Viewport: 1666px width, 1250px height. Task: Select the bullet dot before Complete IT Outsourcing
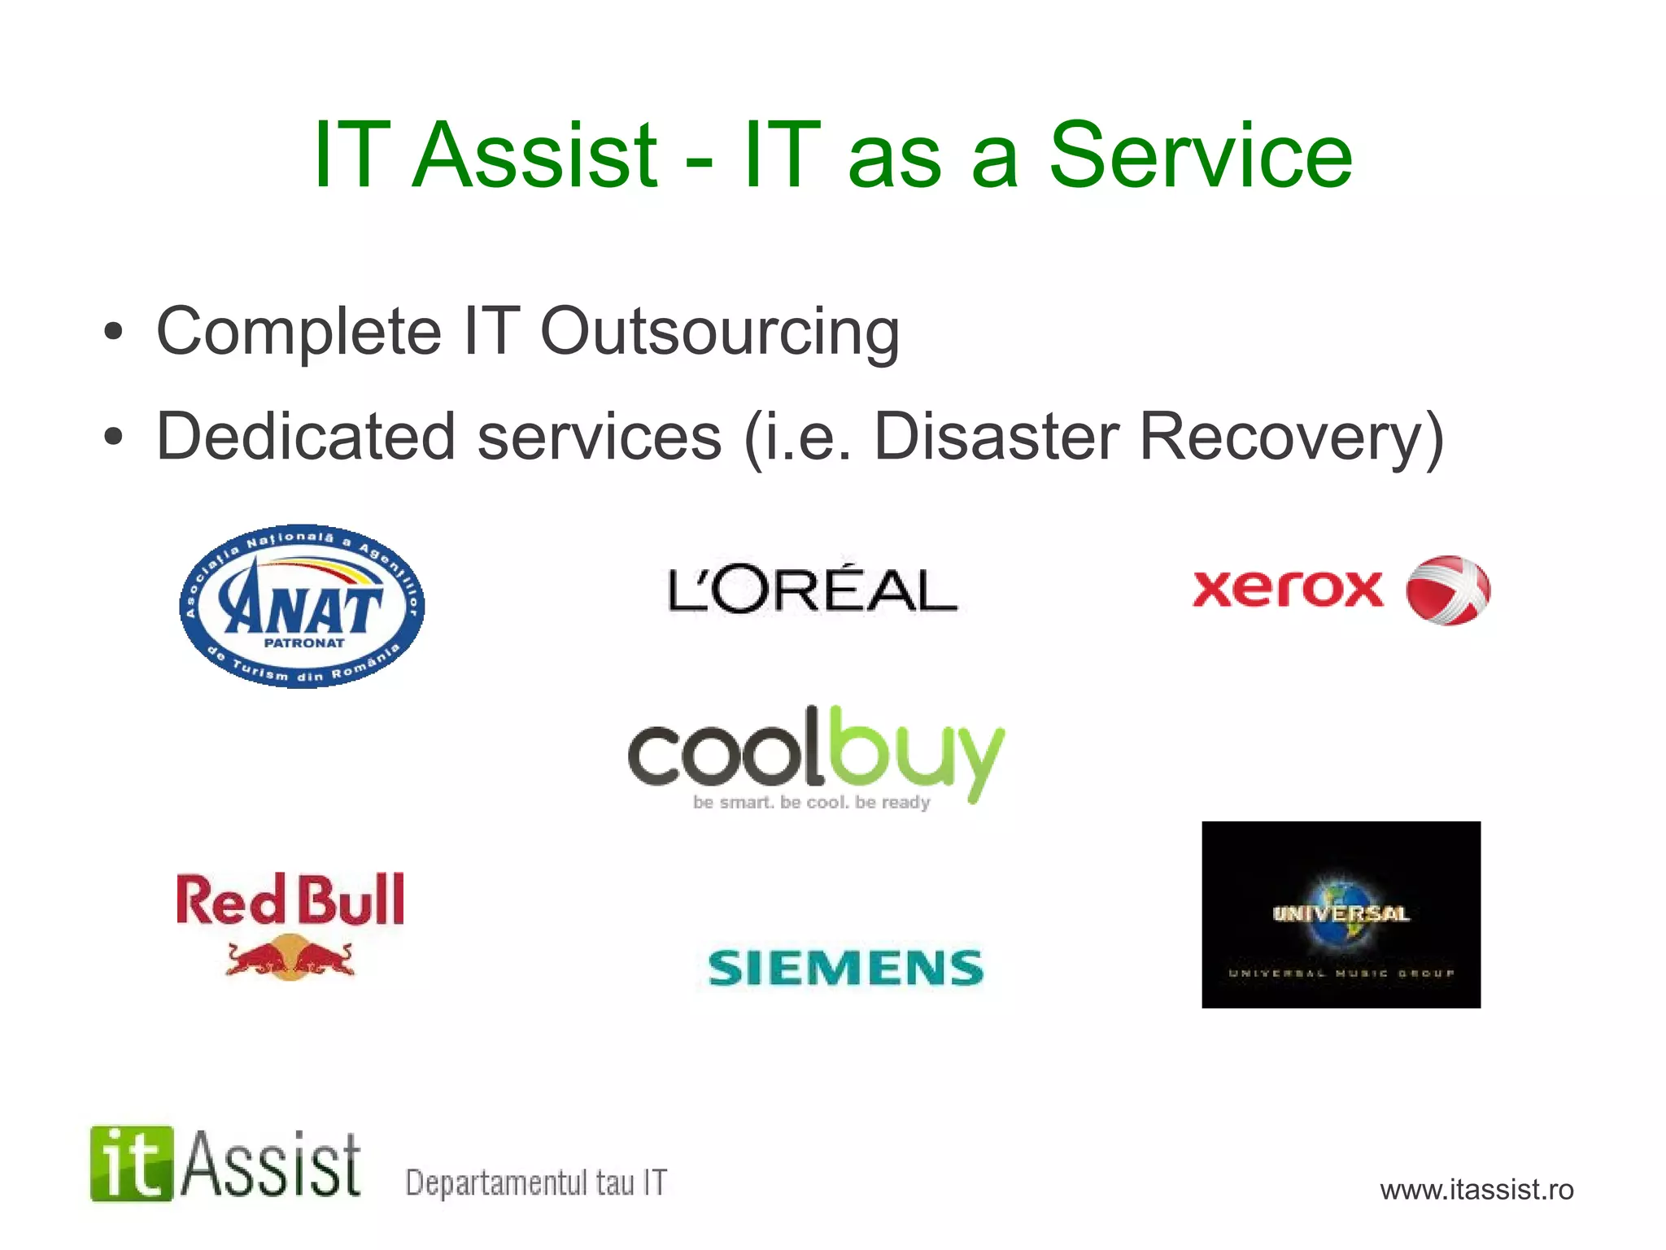[113, 332]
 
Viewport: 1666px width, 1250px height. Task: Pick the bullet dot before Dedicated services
[113, 437]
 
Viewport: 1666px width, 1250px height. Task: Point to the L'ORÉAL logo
[812, 590]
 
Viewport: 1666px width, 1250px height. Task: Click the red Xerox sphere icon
[1448, 590]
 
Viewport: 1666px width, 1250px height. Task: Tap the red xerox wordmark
[1287, 589]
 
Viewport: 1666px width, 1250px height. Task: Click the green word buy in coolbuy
[915, 752]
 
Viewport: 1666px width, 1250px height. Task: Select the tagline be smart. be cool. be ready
[811, 803]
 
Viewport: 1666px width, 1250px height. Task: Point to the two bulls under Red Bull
[290, 957]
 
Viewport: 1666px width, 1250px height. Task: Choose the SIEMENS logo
[846, 968]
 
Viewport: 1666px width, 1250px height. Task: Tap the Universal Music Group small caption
[1341, 973]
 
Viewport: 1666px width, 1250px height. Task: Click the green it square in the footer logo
[132, 1164]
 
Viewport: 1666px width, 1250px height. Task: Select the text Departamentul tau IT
[536, 1182]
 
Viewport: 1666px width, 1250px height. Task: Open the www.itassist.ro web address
[1476, 1190]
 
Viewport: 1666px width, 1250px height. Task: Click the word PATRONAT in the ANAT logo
[304, 642]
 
